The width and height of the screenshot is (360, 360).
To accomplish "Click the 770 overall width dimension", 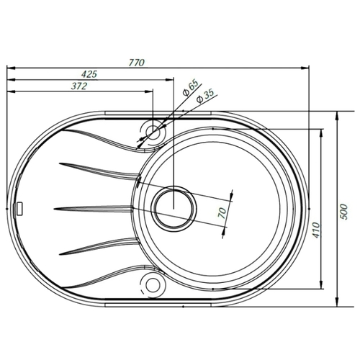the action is tap(137, 63).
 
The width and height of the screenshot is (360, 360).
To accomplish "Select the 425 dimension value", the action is tap(89, 74).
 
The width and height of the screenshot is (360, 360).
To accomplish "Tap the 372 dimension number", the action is tap(79, 86).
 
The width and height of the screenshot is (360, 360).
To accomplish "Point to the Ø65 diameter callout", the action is tap(190, 88).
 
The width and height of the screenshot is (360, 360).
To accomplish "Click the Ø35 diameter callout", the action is tap(204, 96).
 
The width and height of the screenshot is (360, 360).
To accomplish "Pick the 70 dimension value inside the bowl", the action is tap(222, 212).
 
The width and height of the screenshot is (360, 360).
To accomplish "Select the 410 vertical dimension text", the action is tap(317, 230).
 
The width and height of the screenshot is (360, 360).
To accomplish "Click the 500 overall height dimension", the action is tap(344, 212).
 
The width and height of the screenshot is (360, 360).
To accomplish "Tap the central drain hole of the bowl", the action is tap(174, 209).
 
